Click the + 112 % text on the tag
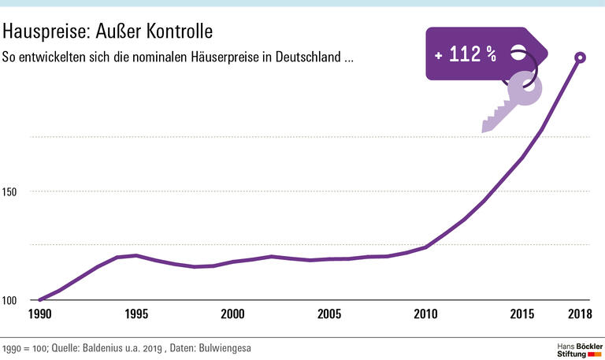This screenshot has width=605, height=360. pos(466,54)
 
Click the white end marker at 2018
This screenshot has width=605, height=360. pos(581,57)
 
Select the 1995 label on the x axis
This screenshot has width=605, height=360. pos(136,314)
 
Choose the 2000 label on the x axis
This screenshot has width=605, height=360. pos(233,314)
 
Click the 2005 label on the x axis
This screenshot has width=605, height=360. pos(330,314)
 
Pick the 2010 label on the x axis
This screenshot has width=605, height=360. pos(427,314)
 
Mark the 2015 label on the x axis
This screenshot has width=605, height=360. pos(523,314)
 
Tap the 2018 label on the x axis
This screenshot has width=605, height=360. pos(581,314)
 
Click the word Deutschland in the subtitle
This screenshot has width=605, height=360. pos(308,58)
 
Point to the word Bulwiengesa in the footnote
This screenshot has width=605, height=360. pos(225,347)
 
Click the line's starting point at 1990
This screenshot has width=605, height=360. pos(39,300)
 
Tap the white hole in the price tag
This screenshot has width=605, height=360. pos(518,53)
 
